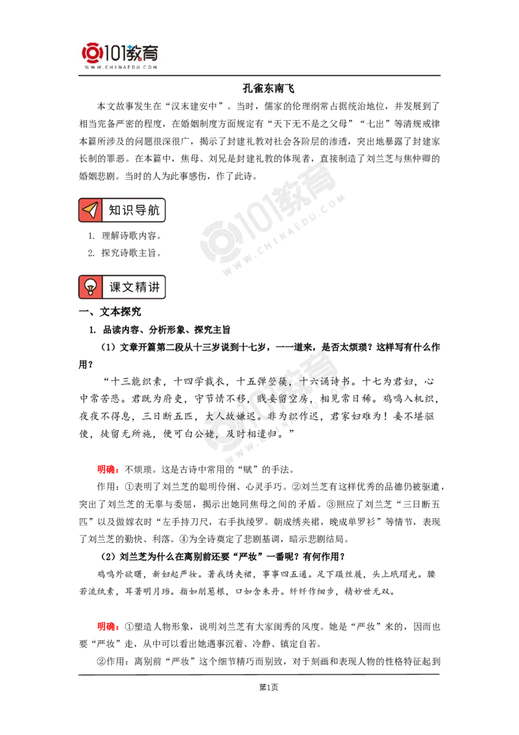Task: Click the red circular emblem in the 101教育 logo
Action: coord(91,52)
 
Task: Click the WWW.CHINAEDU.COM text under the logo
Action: coord(121,66)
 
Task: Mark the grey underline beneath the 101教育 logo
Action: coord(121,76)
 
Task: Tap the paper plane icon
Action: coord(91,210)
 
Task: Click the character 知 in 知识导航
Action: coord(115,210)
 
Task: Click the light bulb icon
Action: coord(91,287)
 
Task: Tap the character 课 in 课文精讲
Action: coord(115,287)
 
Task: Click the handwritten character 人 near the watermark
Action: coord(219,416)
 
